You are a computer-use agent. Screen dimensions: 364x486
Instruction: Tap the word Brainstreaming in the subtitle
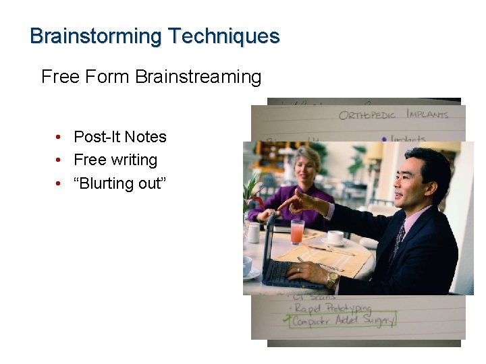click(x=198, y=77)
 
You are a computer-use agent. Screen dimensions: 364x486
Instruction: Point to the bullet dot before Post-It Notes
click(x=60, y=138)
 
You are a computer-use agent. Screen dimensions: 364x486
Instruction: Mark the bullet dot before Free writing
click(x=60, y=160)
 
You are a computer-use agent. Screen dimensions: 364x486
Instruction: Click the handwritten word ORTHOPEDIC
click(x=369, y=115)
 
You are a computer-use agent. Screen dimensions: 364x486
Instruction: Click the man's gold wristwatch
click(x=331, y=279)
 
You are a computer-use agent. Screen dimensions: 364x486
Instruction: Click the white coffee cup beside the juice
click(x=335, y=237)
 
